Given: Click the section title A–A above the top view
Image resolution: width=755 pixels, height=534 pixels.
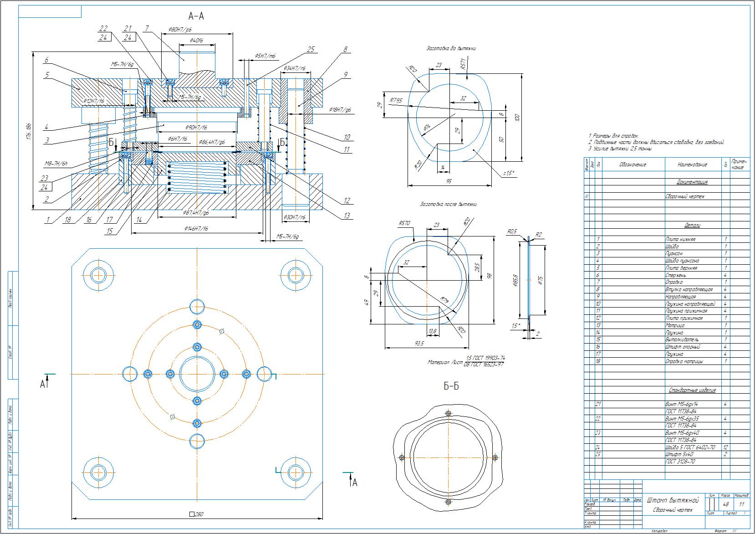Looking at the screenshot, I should [196, 16].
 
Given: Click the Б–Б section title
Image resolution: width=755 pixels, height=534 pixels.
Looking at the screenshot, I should [451, 387].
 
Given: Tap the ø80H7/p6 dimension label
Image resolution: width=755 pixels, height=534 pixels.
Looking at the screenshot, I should [180, 29].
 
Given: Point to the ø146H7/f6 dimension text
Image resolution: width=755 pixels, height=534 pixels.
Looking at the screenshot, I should [196, 228].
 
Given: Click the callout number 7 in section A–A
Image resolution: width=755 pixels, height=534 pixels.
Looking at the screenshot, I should [147, 28].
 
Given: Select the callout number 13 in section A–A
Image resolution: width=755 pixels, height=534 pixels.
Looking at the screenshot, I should [347, 216].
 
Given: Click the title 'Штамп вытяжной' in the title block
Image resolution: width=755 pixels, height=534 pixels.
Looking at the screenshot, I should [672, 500].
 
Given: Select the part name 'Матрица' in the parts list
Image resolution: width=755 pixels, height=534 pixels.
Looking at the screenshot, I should [674, 325].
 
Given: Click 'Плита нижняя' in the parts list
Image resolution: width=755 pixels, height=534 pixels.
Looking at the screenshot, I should [680, 239].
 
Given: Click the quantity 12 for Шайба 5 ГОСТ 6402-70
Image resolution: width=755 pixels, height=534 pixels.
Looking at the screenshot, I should [725, 447].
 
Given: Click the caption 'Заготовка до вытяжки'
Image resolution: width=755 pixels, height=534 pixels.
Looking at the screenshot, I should [451, 48].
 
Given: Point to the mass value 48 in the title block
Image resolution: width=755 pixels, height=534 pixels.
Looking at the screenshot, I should [725, 504].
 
